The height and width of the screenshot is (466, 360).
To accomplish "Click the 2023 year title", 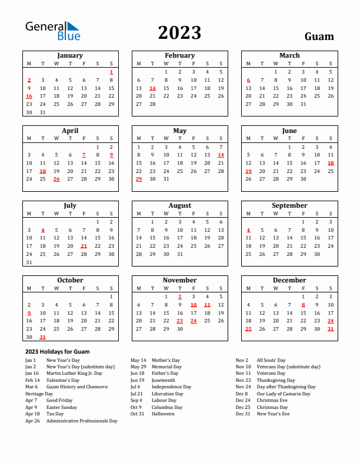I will [x=179, y=32].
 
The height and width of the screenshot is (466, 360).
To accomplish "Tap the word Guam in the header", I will [x=319, y=36].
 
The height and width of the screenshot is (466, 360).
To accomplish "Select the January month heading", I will [x=69, y=55].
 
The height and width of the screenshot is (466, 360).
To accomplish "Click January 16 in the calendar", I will [x=29, y=96].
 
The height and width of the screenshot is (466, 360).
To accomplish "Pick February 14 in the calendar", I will [x=152, y=88].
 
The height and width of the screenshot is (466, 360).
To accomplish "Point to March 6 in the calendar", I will [x=248, y=80].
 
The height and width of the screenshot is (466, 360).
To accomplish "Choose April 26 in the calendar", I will [x=56, y=179].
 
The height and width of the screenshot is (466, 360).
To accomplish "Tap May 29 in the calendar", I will [x=139, y=179].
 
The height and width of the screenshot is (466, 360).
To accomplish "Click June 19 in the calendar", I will [x=248, y=171].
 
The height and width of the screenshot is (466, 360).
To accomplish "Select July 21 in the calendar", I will [x=84, y=246].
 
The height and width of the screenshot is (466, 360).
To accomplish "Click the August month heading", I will [x=179, y=205].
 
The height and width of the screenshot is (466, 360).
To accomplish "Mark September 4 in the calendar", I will [x=248, y=230].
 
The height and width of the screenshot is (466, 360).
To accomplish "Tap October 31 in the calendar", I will [x=42, y=337].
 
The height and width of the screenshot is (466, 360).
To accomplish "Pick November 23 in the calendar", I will [x=179, y=321].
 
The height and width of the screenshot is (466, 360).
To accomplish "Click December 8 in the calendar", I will [x=303, y=305].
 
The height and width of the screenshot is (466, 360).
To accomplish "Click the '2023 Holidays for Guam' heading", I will [x=57, y=351].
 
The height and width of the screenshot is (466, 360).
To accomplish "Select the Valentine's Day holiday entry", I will [x=59, y=380].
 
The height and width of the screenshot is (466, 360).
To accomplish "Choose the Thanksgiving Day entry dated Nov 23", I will [x=275, y=380].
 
